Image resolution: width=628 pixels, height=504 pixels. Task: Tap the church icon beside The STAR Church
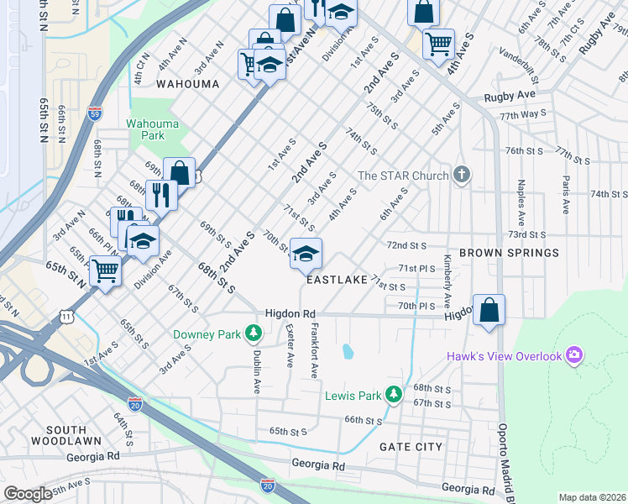pos(459,176)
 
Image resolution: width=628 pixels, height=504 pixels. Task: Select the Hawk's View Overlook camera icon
pos(574,356)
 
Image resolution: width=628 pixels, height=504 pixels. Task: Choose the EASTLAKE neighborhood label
pos(336,280)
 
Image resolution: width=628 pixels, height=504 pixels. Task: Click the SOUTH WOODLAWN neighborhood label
pos(65,434)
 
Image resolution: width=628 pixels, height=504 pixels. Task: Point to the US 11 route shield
pos(65,315)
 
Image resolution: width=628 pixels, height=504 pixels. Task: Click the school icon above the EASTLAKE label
pos(306,254)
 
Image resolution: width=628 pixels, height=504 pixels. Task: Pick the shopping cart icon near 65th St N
pos(105,270)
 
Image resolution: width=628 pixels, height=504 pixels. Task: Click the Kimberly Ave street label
pos(447,281)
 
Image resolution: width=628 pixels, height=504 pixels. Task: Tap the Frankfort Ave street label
pos(314,349)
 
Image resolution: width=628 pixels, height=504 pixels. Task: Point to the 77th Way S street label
pos(522,113)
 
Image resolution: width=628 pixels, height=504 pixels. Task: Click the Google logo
pos(28,494)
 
